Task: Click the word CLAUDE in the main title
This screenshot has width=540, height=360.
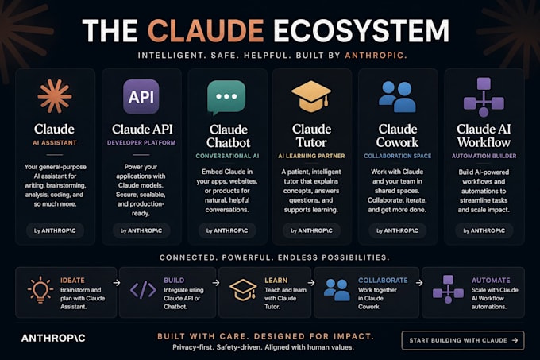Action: [x=206, y=30]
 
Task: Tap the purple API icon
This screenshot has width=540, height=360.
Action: [x=141, y=96]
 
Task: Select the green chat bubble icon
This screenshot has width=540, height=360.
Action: [x=226, y=98]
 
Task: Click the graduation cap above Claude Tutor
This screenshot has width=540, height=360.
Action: [x=311, y=96]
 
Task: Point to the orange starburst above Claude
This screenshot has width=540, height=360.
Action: [x=55, y=96]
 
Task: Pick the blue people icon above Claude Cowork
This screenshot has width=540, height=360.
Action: [x=397, y=97]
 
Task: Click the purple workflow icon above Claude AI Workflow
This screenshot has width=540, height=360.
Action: [x=484, y=97]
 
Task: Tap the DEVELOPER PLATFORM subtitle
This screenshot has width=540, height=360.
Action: [x=141, y=142]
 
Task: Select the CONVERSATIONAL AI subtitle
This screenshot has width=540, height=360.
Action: [x=227, y=156]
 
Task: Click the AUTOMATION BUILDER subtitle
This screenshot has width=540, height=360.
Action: [x=484, y=156]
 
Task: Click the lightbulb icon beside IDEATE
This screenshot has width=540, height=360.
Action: [x=40, y=289]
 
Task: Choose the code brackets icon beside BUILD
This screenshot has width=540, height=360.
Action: [x=143, y=289]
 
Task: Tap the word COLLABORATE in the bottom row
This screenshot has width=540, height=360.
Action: [x=383, y=281]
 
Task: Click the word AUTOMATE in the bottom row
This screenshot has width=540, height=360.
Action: [x=491, y=281]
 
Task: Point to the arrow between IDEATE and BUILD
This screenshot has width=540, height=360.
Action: [x=117, y=283]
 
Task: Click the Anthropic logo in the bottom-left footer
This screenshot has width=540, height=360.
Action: [x=53, y=339]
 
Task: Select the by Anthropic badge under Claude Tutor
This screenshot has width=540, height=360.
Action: [x=311, y=230]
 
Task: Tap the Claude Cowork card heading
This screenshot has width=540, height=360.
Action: [x=397, y=136]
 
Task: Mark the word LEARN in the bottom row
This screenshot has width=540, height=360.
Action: [x=276, y=281]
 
